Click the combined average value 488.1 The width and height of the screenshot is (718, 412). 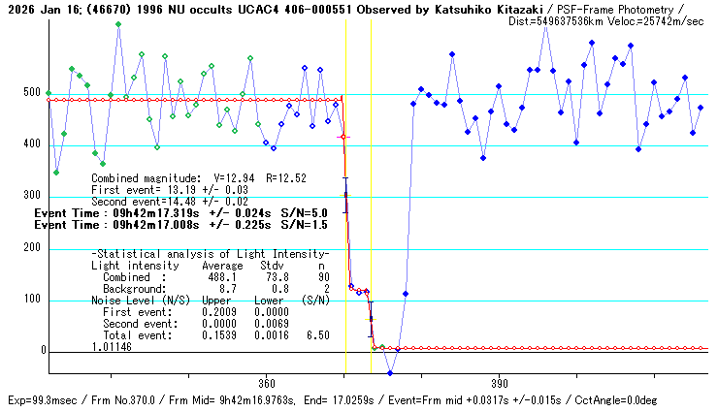click(x=219, y=276)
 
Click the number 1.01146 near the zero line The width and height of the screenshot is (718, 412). click(x=114, y=346)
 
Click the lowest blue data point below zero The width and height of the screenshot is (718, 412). click(x=390, y=373)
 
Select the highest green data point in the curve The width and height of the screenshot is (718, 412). click(x=118, y=24)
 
